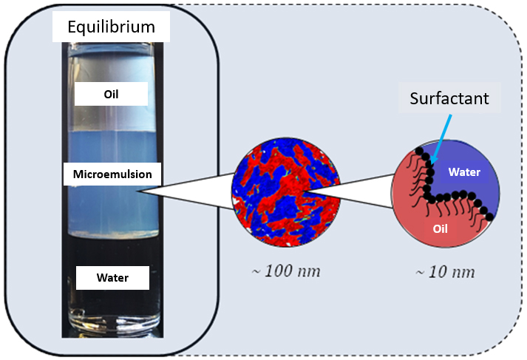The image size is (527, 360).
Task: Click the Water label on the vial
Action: (x=112, y=278)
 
